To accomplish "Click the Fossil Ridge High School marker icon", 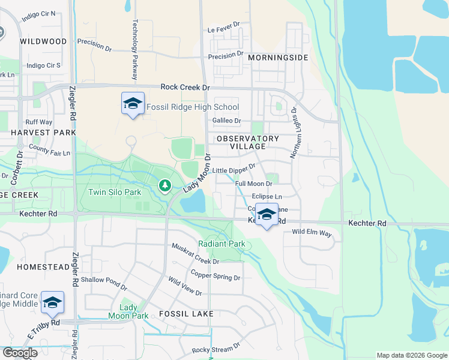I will [133, 104].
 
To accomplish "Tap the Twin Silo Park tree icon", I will [164, 187].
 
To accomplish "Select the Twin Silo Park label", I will [115, 192].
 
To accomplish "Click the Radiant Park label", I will [222, 244].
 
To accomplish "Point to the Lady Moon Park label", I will [128, 311].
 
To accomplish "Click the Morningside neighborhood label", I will [278, 58].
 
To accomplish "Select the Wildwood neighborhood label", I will [43, 41].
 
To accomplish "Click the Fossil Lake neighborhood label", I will [187, 314].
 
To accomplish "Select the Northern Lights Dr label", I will [294, 133].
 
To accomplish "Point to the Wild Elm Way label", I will [312, 232].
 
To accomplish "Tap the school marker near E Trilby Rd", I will [52, 302].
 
